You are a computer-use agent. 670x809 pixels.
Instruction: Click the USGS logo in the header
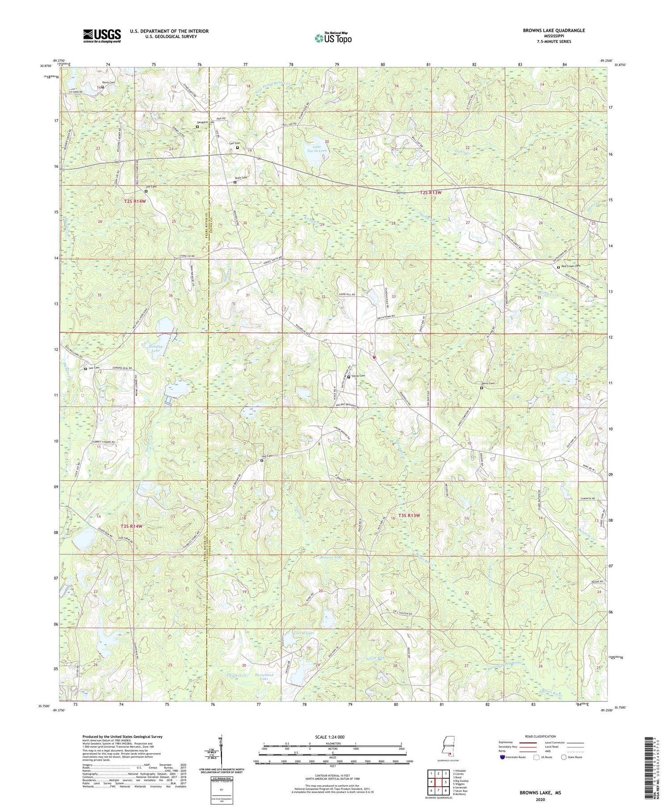101,36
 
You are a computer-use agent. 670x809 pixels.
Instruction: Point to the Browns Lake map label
331,558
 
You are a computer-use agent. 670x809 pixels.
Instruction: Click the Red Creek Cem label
570,266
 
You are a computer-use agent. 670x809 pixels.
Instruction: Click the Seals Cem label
241,178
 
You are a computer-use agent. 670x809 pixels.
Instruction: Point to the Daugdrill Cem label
206,122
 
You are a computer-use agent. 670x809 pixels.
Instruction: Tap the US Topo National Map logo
332,38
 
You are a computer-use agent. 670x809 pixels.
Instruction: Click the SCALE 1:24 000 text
332,737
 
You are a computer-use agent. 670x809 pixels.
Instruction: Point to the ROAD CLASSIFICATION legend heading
540,736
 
